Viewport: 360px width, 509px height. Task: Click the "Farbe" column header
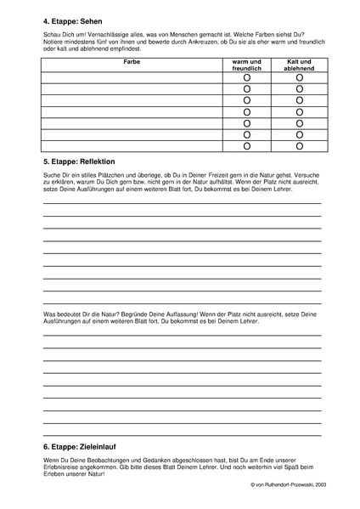point(132,62)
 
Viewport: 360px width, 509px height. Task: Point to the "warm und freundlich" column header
point(247,65)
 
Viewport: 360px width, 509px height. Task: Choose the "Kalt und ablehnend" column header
point(300,65)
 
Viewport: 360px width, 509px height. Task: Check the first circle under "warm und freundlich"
point(247,78)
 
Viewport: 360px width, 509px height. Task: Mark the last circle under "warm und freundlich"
point(247,145)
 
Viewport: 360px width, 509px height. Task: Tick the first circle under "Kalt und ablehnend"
point(300,78)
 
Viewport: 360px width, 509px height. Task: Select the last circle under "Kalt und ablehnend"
point(300,145)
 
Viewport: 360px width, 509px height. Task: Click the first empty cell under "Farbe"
point(132,78)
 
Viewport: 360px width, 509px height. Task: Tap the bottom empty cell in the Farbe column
point(132,145)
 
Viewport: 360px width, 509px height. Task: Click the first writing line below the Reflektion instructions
point(181,205)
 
